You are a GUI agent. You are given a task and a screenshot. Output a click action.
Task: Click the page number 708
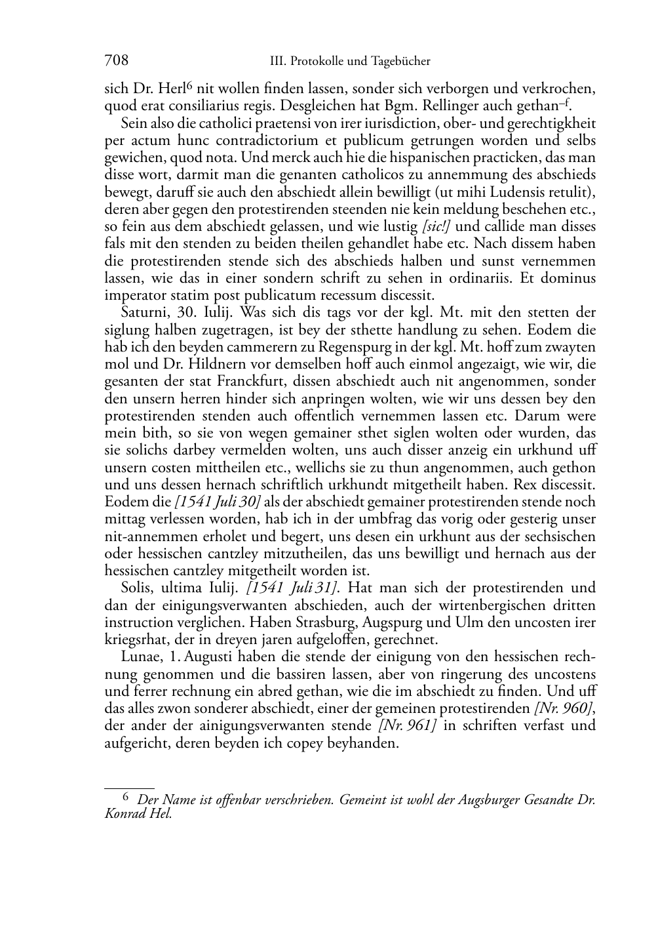click(x=116, y=61)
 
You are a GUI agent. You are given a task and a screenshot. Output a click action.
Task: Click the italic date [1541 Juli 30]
click(x=208, y=502)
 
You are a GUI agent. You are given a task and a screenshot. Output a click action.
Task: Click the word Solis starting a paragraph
click(x=136, y=588)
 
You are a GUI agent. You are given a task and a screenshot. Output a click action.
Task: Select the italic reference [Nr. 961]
click(x=407, y=725)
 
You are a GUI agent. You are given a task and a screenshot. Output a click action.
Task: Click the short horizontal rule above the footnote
click(x=129, y=788)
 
